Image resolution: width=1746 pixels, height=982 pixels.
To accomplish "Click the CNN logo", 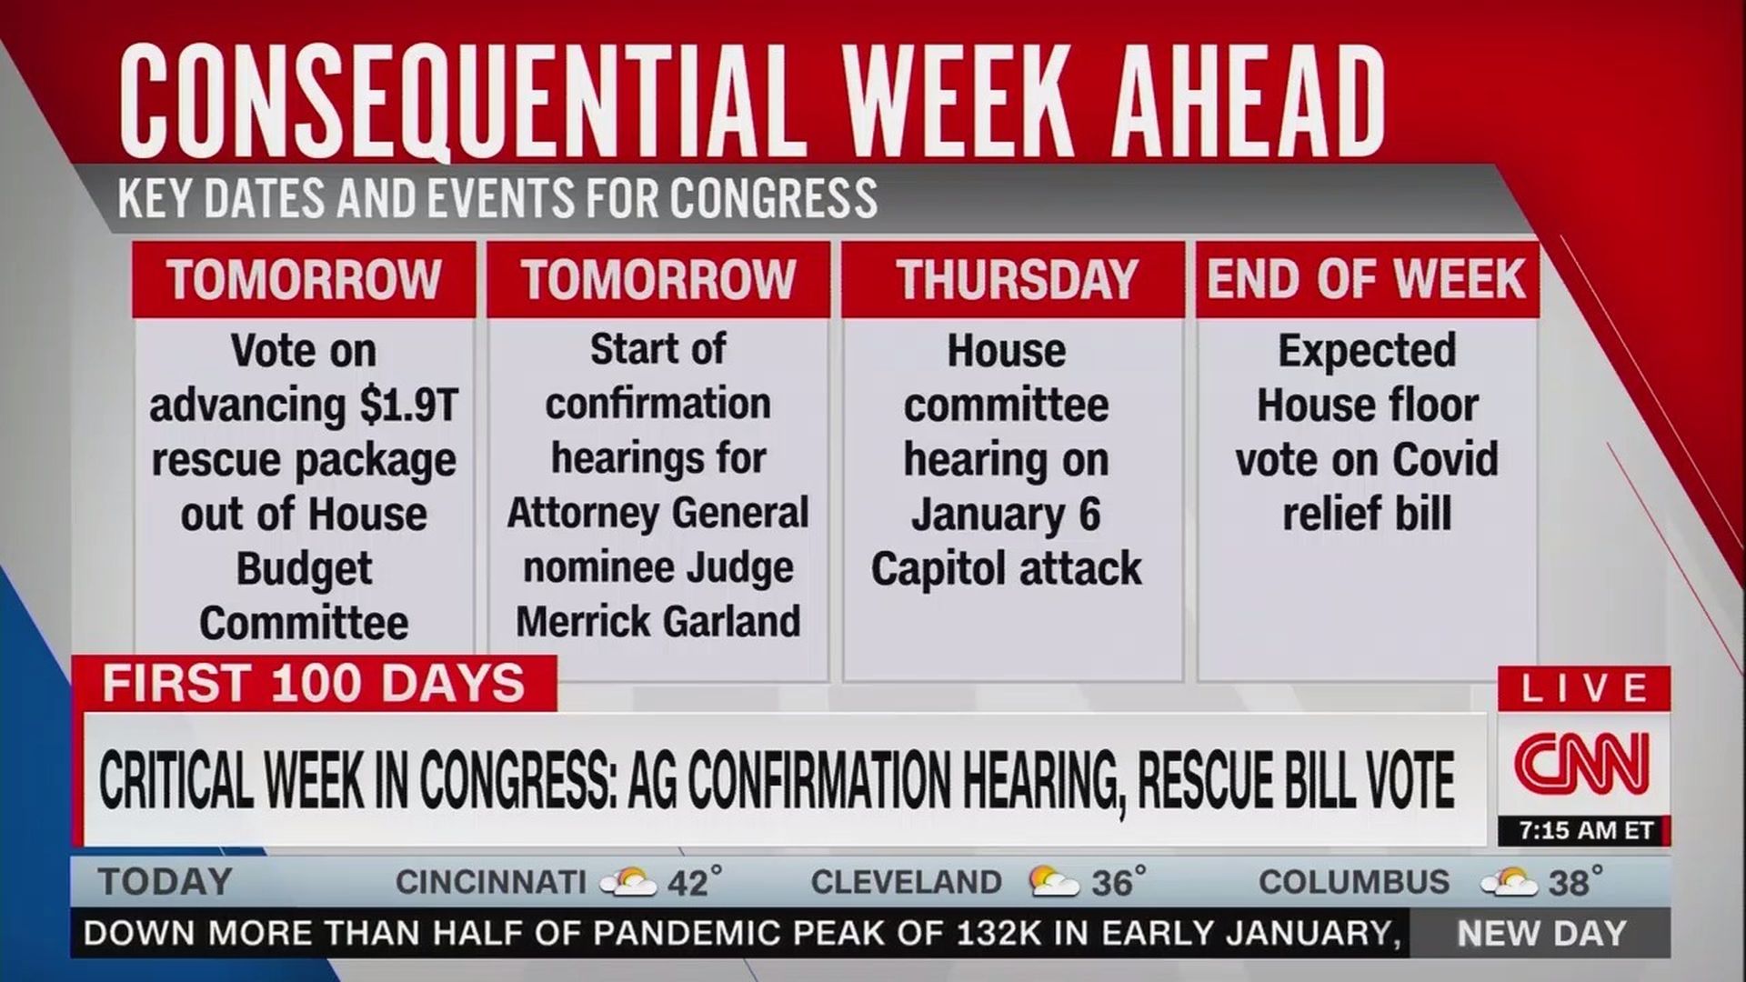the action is [x=1582, y=763].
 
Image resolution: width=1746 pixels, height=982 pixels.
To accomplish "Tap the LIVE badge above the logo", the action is [x=1584, y=688].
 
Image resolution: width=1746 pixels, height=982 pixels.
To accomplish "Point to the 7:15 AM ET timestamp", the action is [x=1586, y=831].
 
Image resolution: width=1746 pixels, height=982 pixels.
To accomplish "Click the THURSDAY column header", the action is [x=1016, y=279].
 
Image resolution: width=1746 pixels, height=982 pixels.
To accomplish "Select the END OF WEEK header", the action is [x=1366, y=279].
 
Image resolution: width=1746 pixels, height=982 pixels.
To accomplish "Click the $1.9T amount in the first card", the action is [x=408, y=405].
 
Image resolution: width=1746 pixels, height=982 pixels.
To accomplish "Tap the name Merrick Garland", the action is [x=658, y=622].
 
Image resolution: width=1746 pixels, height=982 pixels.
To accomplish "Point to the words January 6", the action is [x=1006, y=515].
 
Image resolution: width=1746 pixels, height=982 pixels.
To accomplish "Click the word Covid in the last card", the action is [x=1445, y=459].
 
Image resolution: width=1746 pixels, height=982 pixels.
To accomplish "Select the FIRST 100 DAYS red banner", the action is [x=314, y=684].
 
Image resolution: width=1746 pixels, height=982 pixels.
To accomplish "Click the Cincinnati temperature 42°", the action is [x=695, y=882].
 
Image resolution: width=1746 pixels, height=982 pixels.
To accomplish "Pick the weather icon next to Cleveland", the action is [x=1055, y=881].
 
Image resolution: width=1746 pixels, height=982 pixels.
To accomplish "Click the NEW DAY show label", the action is [x=1541, y=934].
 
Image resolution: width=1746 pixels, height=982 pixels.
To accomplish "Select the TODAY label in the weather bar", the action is [x=166, y=882].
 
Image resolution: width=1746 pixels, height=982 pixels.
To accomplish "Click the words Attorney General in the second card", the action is [x=657, y=514].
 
